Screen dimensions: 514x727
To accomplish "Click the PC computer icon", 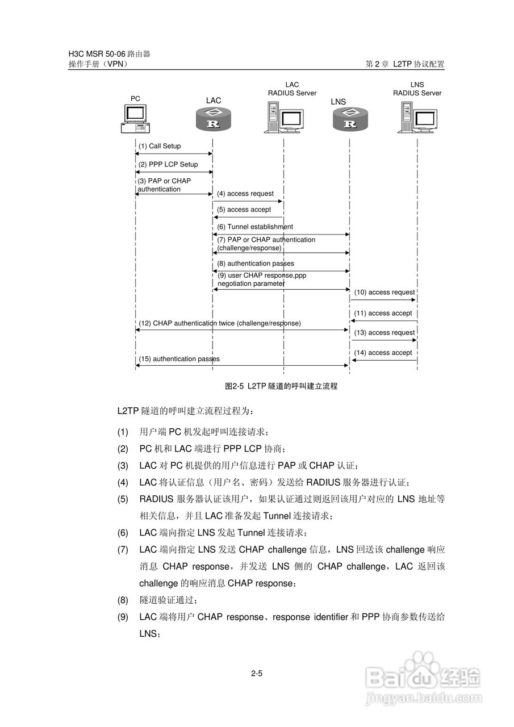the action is point(135,119).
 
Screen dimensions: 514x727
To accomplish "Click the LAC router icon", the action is point(214,120).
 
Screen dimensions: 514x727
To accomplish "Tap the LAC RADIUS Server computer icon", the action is point(282,118).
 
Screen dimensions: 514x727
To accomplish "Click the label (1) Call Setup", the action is point(160,147).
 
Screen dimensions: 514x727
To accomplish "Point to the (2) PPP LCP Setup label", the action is point(168,165).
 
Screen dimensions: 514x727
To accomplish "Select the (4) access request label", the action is point(245,194).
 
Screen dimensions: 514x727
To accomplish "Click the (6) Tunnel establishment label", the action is point(255,227).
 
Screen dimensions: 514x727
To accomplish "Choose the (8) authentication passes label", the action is point(256,264).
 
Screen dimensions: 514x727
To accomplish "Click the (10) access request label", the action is point(385,293).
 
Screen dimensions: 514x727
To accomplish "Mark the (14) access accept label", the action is point(383,353).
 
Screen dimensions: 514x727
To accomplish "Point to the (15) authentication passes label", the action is point(179,359).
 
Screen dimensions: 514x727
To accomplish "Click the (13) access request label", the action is point(385,333).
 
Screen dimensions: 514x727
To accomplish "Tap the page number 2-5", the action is point(257,674).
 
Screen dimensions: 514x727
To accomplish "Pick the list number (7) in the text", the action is point(123,550).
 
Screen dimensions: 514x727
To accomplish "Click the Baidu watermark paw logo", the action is point(424,667).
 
